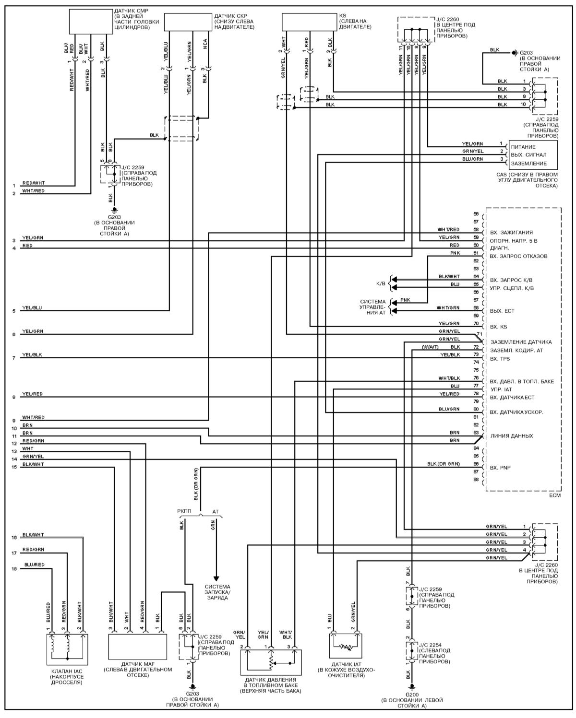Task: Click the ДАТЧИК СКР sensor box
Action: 188,22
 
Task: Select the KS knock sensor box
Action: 309,22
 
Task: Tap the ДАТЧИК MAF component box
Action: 138,647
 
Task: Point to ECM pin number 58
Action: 476,230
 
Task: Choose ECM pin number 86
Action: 476,464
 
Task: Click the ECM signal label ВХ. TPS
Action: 500,359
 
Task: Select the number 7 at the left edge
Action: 14,358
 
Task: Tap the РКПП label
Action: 184,511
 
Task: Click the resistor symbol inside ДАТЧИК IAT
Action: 346,647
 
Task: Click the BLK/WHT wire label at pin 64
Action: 449,276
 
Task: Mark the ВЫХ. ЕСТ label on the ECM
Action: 502,311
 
